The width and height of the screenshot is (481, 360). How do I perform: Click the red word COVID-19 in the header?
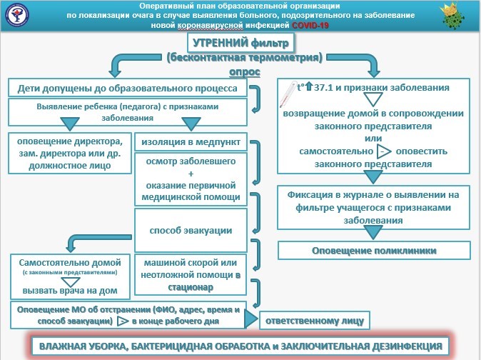point(310,25)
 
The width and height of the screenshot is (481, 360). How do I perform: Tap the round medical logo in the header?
point(18,14)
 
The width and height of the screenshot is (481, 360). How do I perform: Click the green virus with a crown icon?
point(453,15)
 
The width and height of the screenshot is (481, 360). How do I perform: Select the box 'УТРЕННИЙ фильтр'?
point(241,43)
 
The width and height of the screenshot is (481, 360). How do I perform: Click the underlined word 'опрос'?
point(245,72)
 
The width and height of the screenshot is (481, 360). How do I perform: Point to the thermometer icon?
point(288,94)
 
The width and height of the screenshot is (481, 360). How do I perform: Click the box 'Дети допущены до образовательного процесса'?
point(128,88)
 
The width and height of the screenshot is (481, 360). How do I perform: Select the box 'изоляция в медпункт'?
point(191,142)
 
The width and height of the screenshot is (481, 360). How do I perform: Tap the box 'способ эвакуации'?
point(191,231)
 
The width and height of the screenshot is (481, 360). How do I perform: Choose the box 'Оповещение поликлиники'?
point(374,251)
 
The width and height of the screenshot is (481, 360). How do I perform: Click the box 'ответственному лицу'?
point(315,321)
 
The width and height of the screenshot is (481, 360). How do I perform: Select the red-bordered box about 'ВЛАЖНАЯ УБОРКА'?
point(241,346)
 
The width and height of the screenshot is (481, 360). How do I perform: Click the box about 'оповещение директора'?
point(70,153)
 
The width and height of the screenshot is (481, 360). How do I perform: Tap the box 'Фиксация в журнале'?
point(373,207)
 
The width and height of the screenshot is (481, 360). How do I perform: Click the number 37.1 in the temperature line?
point(323,87)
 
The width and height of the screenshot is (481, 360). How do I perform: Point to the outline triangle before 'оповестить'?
point(384,151)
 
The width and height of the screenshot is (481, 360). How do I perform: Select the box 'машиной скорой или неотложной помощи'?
point(191,275)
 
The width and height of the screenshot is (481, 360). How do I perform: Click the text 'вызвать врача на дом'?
point(70,291)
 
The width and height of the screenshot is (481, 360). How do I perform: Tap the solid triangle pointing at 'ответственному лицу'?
point(251,319)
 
